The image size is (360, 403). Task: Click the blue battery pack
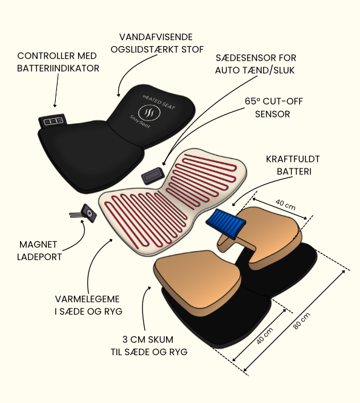click(x=226, y=224)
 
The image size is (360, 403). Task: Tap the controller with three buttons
click(x=53, y=121)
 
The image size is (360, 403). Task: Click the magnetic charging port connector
click(x=84, y=213)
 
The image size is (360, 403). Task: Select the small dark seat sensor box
click(x=153, y=176)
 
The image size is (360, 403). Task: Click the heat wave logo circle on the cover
click(x=149, y=113)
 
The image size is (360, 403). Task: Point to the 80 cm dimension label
click(x=301, y=321)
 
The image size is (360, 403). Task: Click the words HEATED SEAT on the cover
click(x=159, y=102)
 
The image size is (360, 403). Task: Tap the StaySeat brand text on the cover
click(x=139, y=121)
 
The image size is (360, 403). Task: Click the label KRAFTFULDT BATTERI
click(x=293, y=165)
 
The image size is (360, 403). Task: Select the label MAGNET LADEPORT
click(x=39, y=251)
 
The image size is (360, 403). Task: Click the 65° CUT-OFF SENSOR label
click(x=273, y=107)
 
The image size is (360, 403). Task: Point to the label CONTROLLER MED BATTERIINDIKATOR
click(x=58, y=62)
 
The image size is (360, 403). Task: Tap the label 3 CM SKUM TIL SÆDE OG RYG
click(x=149, y=345)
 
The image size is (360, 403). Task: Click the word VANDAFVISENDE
click(x=156, y=37)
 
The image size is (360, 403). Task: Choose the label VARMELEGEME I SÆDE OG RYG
click(x=88, y=305)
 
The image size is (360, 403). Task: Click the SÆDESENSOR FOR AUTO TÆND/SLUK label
click(x=255, y=64)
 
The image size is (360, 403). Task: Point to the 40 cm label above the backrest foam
click(x=285, y=205)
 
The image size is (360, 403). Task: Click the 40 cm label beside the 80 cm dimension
click(x=265, y=336)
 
